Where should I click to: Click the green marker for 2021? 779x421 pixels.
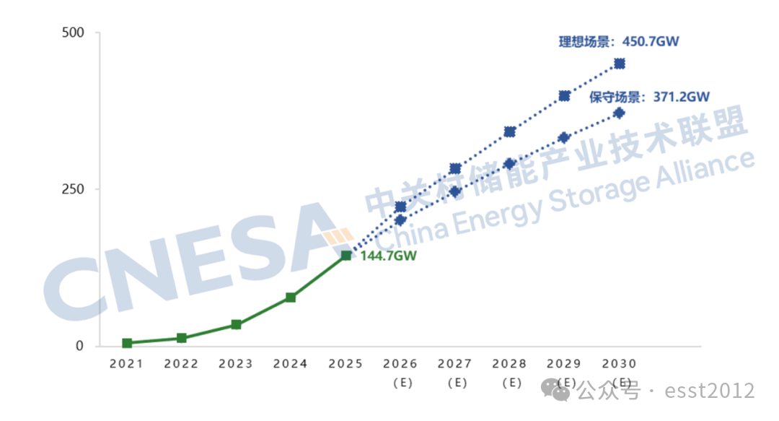tap(127, 343)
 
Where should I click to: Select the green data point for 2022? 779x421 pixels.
tap(182, 338)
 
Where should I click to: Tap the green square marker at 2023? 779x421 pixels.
tap(236, 325)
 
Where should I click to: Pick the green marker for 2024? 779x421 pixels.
tap(291, 298)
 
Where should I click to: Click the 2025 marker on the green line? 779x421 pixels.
tap(346, 256)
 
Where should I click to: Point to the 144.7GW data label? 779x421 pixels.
tap(388, 256)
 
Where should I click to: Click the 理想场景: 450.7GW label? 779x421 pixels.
tap(619, 41)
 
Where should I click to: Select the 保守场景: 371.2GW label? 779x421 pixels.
tap(649, 96)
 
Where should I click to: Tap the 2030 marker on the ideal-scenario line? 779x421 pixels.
tap(619, 64)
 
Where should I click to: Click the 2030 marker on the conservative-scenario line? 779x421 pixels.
tap(619, 113)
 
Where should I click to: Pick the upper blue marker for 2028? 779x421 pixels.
tap(510, 131)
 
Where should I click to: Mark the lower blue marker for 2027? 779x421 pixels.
tap(455, 191)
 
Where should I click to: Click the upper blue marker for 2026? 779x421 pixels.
tap(401, 207)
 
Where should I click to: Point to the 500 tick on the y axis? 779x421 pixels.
tap(74, 32)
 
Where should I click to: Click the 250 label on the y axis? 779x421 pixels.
tap(74, 189)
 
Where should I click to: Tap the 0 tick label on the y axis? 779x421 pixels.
tap(80, 346)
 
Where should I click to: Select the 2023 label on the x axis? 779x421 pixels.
tap(236, 364)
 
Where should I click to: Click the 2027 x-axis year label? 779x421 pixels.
tap(455, 364)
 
